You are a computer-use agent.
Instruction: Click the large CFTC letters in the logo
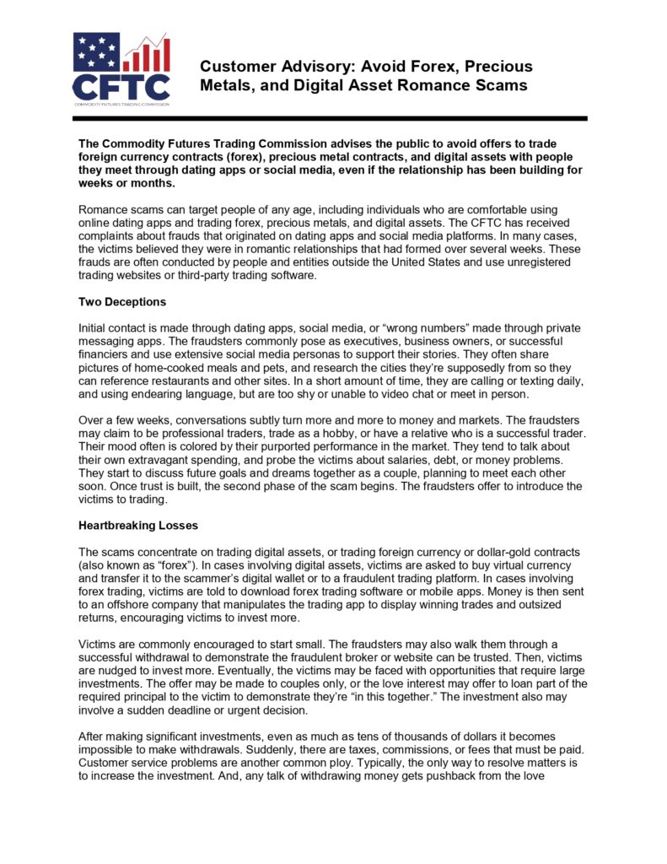point(121,87)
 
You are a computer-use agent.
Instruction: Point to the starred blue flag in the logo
point(96,51)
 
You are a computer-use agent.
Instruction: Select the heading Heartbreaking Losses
point(138,525)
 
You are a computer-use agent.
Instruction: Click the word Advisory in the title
point(299,66)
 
